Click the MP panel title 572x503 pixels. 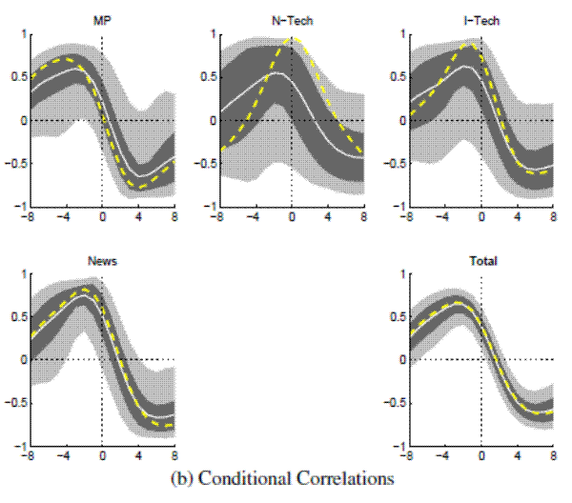tap(101, 20)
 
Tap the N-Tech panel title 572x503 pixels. tap(291, 20)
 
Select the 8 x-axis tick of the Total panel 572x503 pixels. tap(554, 456)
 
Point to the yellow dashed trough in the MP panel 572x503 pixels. tap(141, 189)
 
